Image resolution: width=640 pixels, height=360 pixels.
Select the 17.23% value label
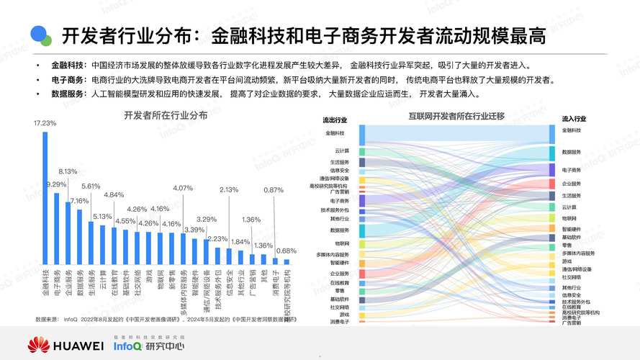click(45, 123)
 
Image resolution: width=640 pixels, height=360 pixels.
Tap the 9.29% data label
click(56, 185)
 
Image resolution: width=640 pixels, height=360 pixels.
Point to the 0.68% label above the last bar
click(287, 251)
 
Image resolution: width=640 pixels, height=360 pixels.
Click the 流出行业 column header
click(335, 120)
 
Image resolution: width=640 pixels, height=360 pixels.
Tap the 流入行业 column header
click(574, 119)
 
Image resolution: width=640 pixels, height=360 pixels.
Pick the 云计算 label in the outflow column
click(342, 150)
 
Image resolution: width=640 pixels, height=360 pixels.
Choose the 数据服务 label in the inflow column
click(572, 152)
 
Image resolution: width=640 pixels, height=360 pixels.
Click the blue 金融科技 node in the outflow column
click(362, 133)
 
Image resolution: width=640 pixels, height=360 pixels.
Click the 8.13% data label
click(68, 171)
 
